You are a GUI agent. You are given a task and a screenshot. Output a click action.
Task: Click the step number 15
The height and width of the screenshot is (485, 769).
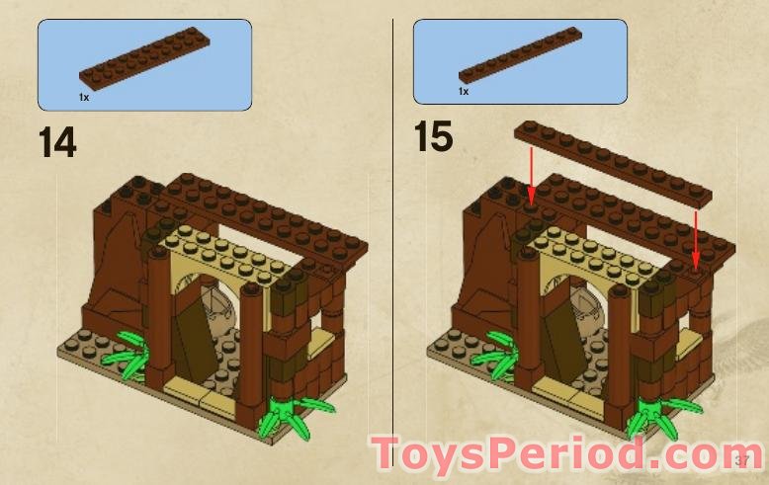[x=433, y=136]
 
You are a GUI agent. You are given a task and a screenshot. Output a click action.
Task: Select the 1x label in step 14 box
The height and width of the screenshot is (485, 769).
[x=84, y=98]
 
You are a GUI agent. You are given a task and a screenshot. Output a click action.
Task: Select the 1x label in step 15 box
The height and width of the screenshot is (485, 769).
[x=463, y=91]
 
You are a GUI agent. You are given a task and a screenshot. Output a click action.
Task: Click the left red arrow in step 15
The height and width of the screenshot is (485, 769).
[x=532, y=178]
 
